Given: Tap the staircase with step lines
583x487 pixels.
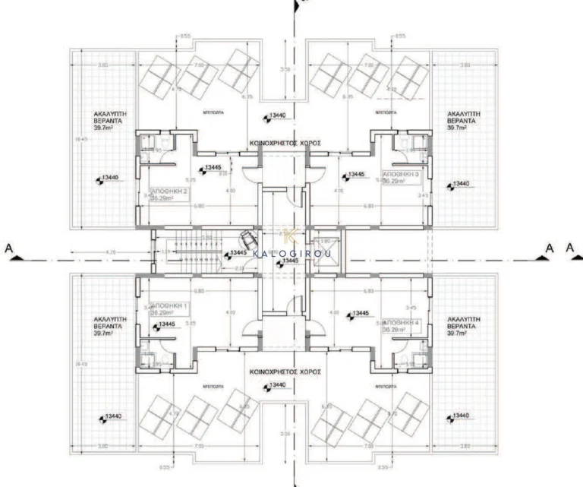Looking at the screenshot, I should coord(187,248).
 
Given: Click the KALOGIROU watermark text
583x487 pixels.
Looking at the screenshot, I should coord(294,253).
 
